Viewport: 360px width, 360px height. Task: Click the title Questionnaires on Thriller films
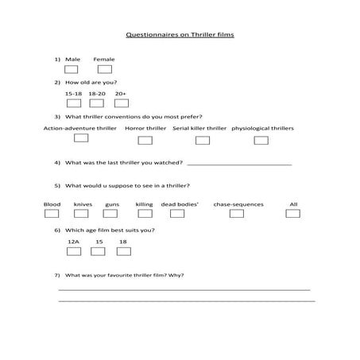[180, 36]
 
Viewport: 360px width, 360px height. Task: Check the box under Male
[72, 70]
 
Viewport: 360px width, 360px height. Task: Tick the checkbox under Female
[105, 70]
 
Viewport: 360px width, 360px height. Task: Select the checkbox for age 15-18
[74, 103]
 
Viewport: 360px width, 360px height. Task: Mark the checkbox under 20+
[121, 103]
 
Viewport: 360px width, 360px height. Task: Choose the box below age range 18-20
[97, 103]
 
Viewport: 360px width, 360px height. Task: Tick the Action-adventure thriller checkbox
[81, 138]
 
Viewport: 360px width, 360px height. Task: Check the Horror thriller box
[145, 141]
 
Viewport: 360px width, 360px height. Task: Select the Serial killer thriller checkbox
[203, 141]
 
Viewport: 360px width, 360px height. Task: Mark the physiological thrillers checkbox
[261, 141]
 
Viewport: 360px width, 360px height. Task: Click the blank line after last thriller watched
[238, 165]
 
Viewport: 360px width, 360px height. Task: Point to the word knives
[83, 204]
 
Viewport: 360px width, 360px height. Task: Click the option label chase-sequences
[238, 204]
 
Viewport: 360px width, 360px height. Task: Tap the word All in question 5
[294, 204]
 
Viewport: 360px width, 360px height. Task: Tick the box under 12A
[74, 251]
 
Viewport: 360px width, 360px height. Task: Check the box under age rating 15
[99, 251]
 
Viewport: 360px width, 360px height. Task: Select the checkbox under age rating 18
[123, 251]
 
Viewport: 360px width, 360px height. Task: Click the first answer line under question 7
[184, 289]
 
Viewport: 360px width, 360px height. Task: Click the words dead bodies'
[180, 204]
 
